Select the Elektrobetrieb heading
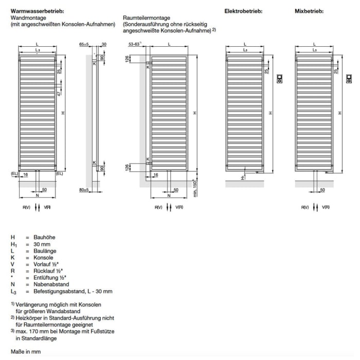243,11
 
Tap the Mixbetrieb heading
309,11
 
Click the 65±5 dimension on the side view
85,44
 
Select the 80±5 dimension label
84,190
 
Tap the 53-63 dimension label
135,44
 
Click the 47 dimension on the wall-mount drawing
59,94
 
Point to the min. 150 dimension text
194,187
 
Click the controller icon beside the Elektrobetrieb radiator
280,79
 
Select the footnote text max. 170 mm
34,332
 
